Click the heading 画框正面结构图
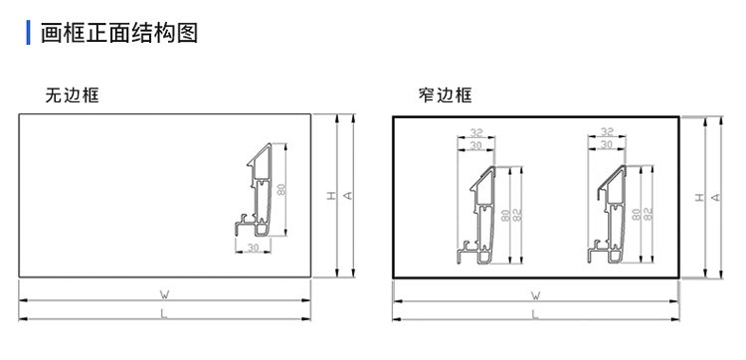click(119, 33)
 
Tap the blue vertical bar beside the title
click(28, 33)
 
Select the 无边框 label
click(73, 95)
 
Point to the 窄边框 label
click(446, 95)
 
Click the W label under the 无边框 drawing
click(164, 294)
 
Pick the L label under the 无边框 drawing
click(164, 314)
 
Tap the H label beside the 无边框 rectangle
click(331, 196)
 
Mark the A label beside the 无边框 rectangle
click(348, 196)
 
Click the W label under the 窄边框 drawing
click(536, 295)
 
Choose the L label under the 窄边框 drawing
click(536, 314)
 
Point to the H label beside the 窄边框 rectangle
click(699, 197)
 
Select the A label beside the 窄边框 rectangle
click(716, 197)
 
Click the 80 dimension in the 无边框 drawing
click(281, 189)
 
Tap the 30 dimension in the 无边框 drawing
click(253, 248)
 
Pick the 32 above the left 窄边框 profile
click(475, 132)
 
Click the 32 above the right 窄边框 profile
click(607, 131)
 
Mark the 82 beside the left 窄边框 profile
click(517, 214)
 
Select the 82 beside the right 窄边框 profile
click(648, 214)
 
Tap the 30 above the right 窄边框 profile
click(607, 144)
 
